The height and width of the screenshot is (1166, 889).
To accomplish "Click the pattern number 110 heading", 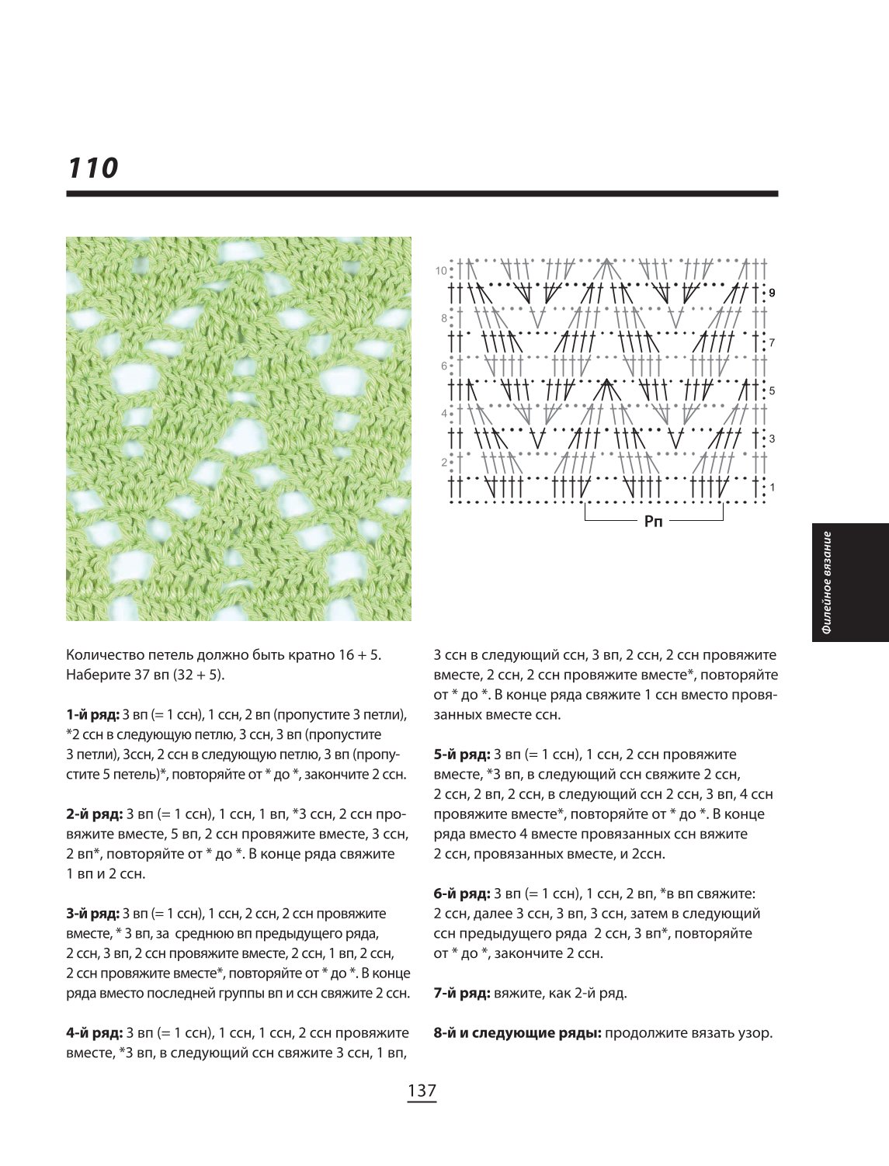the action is tap(92, 168).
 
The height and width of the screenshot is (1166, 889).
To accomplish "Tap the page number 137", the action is tap(422, 1091).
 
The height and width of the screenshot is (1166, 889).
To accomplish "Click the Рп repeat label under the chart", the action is tap(653, 522).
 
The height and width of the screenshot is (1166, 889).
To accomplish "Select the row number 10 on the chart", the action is tap(441, 271).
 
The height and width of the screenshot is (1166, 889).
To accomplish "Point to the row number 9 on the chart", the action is tap(773, 293).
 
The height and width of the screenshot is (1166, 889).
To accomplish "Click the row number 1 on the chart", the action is tap(773, 487).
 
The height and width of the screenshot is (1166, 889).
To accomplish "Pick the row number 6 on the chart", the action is tap(444, 366).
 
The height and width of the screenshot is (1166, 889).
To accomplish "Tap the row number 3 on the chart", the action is tap(773, 439).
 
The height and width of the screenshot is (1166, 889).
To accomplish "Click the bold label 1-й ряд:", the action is tap(93, 715).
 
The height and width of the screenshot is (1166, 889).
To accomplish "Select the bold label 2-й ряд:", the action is tap(95, 814).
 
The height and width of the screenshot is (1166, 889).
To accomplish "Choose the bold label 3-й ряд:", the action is tap(93, 914).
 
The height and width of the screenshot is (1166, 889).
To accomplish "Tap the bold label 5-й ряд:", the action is tap(462, 755).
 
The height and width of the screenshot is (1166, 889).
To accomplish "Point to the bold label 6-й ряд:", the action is tap(462, 894).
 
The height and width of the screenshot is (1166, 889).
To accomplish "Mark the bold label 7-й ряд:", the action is tap(462, 994).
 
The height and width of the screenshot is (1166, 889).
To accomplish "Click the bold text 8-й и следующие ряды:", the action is tap(518, 1033).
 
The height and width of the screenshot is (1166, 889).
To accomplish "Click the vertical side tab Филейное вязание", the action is tap(826, 582).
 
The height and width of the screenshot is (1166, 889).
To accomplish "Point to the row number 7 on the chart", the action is tap(773, 342).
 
